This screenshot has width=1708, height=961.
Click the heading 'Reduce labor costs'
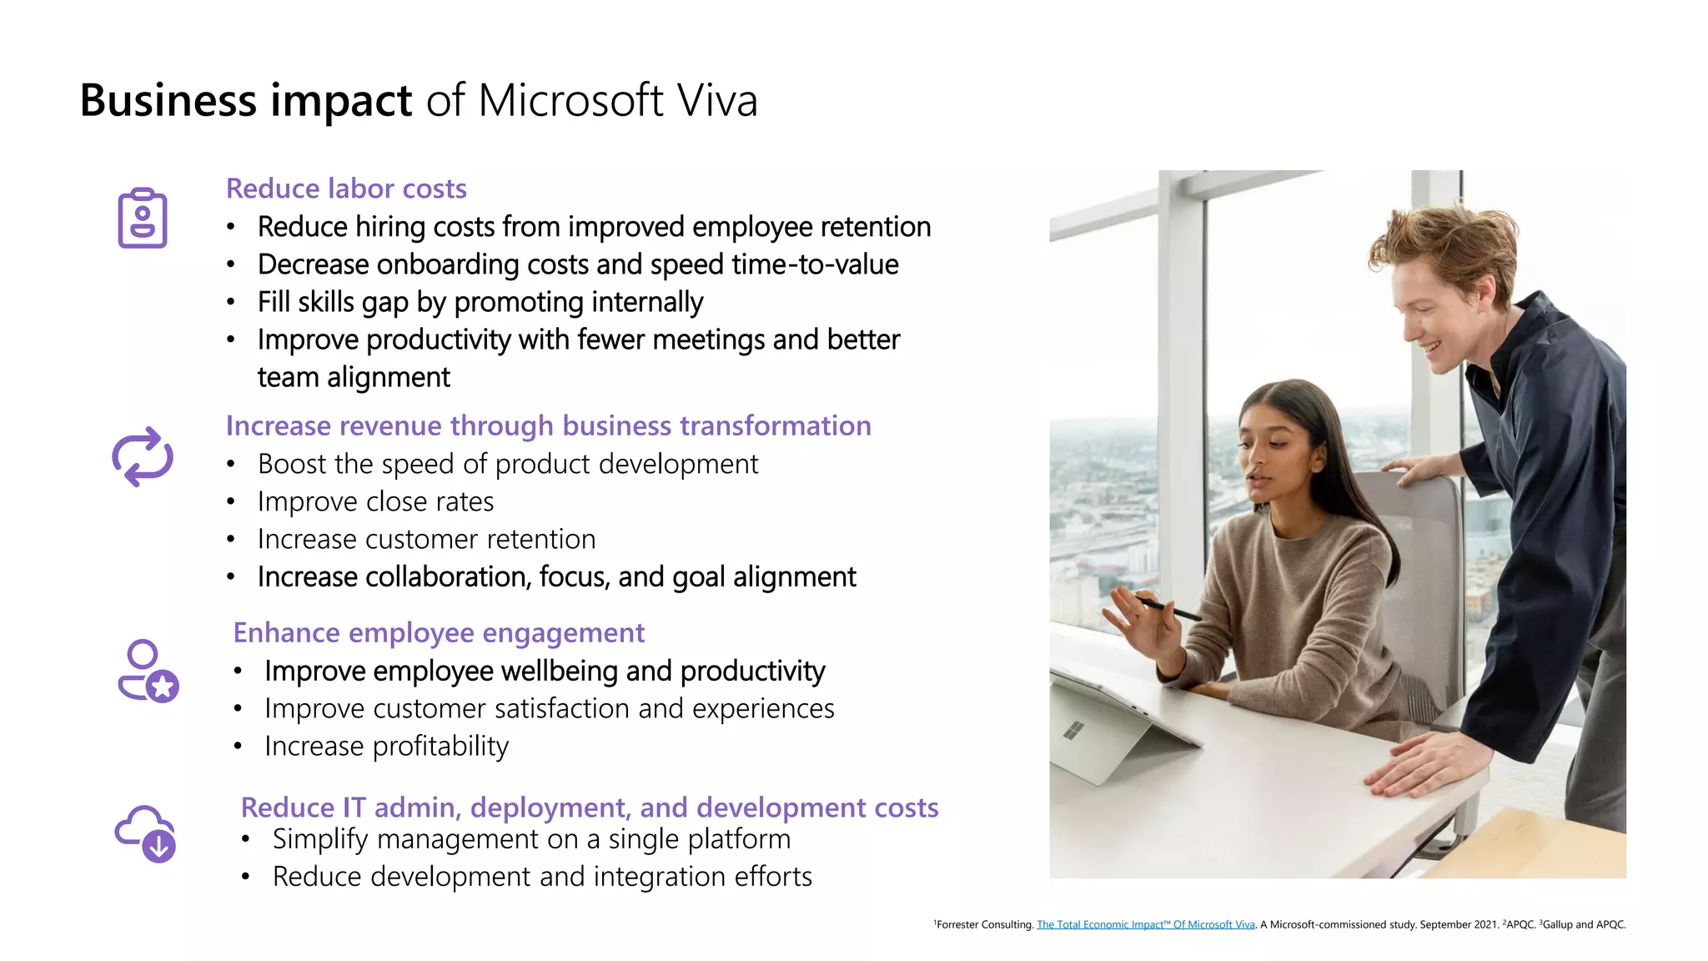tap(346, 189)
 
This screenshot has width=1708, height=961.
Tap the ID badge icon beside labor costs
tap(143, 218)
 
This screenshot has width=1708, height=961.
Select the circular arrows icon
tap(143, 456)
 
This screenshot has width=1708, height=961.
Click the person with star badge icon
tap(148, 671)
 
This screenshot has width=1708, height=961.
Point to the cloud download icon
tap(146, 833)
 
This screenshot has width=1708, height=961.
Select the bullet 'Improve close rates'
tap(375, 501)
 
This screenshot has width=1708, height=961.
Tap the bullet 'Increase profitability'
tap(386, 746)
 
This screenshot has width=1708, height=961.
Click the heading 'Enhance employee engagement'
tap(439, 633)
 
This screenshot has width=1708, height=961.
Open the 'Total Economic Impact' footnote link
tap(1145, 924)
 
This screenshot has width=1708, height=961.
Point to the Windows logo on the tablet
tap(1073, 730)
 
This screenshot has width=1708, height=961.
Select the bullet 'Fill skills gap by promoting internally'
tap(480, 302)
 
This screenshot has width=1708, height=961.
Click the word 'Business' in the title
tap(168, 101)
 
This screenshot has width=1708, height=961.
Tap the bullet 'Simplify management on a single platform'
tap(531, 839)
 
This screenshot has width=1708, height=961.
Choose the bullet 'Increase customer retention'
tap(426, 539)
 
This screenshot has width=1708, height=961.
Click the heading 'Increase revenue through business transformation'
tap(548, 425)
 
